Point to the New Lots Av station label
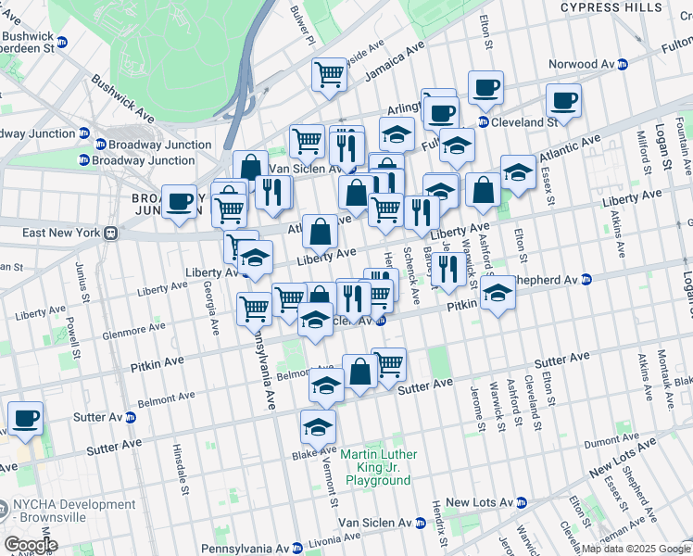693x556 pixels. (x=479, y=502)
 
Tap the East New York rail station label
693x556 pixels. (x=56, y=233)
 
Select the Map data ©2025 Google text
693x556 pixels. (x=635, y=549)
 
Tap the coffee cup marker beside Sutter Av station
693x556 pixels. (x=26, y=419)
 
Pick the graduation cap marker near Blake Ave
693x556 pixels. (x=318, y=427)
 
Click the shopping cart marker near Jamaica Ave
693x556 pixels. (x=329, y=74)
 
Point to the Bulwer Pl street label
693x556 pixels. (x=302, y=25)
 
